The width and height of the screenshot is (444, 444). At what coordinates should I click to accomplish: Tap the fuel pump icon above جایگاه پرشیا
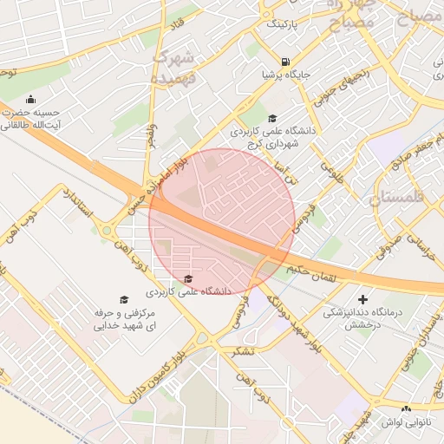point(285,61)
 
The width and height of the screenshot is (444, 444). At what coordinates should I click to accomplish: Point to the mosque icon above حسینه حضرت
point(31,99)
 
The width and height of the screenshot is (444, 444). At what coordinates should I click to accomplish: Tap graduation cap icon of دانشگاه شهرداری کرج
point(272,119)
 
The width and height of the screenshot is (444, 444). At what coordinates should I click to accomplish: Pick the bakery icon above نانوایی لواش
point(406,408)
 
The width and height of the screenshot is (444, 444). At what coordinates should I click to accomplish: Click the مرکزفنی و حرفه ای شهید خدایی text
point(124,319)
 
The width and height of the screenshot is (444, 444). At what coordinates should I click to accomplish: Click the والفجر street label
point(152,134)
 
